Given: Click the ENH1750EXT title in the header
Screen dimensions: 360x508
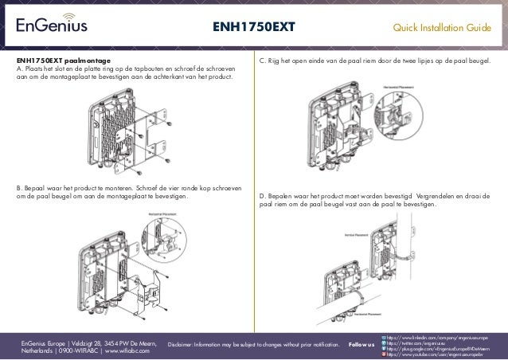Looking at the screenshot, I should coord(253,29).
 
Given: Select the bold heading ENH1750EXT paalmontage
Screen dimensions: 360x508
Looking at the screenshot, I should coord(64,61).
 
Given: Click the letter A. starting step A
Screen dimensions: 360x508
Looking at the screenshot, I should coord(20,69).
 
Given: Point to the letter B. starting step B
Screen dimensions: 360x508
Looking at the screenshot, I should coord(20,189).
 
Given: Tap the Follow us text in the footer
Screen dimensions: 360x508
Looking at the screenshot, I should coord(361,345).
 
